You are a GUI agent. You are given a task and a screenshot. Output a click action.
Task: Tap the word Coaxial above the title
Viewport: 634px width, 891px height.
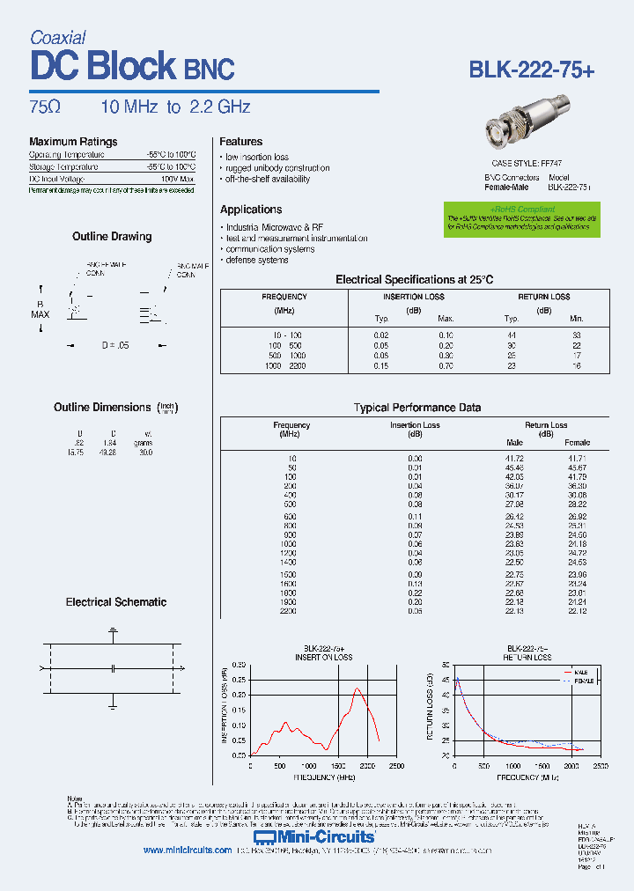57,37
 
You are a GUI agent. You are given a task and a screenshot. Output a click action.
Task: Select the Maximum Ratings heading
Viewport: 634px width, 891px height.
73,142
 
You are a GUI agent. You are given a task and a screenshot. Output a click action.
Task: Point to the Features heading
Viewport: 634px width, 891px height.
240,142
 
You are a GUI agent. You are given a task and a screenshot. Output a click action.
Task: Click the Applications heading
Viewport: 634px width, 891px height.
251,210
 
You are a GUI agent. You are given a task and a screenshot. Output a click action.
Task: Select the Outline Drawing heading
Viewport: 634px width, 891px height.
112,237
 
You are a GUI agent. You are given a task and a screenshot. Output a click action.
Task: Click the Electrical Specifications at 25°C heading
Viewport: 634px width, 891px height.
415,279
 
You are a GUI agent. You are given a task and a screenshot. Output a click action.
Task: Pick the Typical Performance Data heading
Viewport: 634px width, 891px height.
417,408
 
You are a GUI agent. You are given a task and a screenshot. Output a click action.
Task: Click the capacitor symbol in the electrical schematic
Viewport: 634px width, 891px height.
113,669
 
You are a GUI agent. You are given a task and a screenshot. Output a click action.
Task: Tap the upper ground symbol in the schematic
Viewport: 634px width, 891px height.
113,631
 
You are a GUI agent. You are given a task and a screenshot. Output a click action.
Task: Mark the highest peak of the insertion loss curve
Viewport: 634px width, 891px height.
357,688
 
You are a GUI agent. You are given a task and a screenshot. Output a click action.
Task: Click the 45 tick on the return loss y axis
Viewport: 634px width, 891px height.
445,680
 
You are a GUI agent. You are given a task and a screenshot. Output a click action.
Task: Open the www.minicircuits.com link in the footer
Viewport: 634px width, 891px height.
187,850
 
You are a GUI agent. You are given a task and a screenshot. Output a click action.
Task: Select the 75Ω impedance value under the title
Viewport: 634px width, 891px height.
45,107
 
